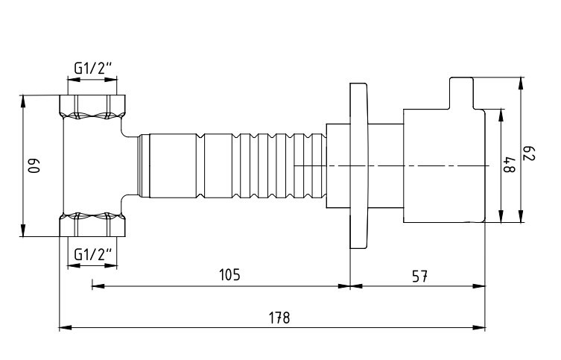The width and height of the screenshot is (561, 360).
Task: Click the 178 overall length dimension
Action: tap(279, 318)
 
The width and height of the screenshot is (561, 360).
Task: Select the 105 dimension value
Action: tap(229, 275)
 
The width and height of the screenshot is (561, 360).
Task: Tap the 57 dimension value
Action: tap(419, 277)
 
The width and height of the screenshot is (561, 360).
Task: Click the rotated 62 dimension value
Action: tap(530, 154)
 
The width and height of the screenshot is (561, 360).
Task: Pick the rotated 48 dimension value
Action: tap(510, 164)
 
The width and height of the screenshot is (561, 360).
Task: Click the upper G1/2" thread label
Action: tap(93, 68)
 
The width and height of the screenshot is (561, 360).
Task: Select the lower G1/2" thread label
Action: tap(93, 254)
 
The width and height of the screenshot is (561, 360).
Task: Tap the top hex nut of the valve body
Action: tap(92, 107)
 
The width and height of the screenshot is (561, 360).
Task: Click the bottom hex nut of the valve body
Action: tap(92, 225)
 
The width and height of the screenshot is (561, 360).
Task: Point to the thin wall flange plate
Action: tap(358, 165)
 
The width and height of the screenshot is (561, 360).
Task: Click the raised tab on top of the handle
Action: tap(461, 93)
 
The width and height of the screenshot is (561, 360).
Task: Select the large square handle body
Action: tap(444, 165)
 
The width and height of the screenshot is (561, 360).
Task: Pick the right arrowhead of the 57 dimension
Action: tap(480, 286)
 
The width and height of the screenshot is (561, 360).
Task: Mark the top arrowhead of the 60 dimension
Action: tap(23, 101)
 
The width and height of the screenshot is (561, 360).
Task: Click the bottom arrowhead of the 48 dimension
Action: tap(501, 216)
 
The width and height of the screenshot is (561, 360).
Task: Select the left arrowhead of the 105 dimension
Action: tap(98, 286)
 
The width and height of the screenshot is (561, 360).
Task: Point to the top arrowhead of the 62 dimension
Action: tap(521, 83)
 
